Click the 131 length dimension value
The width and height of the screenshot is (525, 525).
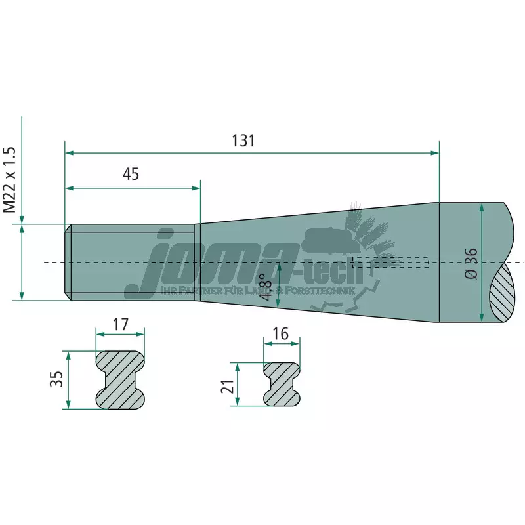click(x=243, y=140)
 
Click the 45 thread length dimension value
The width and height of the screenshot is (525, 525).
click(x=131, y=174)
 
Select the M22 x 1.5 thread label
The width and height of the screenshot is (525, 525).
click(x=9, y=179)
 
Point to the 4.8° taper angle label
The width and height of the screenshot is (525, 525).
click(x=266, y=287)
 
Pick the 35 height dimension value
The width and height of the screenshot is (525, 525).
click(x=56, y=379)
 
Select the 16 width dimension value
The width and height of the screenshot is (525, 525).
click(x=280, y=333)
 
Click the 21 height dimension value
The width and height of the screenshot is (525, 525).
click(x=228, y=385)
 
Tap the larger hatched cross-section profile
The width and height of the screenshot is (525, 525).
click(x=120, y=379)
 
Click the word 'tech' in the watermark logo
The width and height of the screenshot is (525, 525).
click(x=339, y=270)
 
